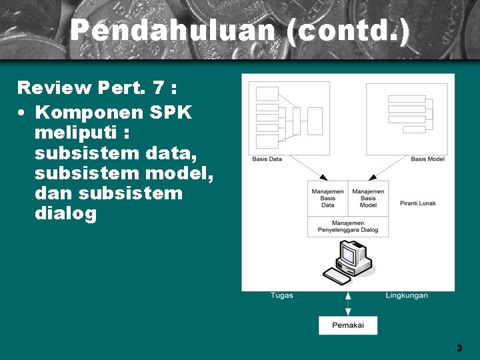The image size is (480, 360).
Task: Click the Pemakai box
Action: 348,325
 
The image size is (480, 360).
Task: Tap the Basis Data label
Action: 267,159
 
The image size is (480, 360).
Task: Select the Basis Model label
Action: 427,159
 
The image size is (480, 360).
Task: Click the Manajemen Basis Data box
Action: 328,198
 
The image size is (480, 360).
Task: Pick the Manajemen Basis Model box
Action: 368,198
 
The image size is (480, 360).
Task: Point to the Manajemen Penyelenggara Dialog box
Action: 348,226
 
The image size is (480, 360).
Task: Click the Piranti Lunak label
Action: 418,203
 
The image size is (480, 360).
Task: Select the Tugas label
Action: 281,295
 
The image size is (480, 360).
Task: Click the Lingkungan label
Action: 407,295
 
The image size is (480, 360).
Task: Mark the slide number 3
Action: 459,348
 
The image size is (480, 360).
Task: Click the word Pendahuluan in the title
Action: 172,31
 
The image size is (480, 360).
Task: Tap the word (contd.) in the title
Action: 347,31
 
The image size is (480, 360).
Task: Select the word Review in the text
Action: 54,87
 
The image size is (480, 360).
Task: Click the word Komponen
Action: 91,112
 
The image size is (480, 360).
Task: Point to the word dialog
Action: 65,214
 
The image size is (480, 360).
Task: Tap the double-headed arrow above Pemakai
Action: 347,303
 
